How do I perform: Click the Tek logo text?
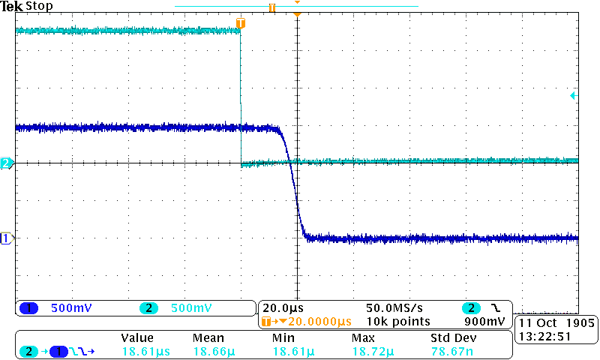tap(11, 7)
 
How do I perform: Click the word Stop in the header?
tap(39, 7)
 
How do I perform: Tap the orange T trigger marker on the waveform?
tap(240, 24)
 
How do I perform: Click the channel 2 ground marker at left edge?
tap(6, 163)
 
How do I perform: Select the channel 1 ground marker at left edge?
tap(6, 238)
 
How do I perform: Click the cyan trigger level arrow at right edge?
tap(574, 95)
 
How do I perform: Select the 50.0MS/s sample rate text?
tap(393, 308)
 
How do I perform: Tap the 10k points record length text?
tap(398, 321)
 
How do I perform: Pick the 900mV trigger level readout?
tap(486, 321)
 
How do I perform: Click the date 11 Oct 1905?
tap(556, 322)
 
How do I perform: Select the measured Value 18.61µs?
tap(142, 351)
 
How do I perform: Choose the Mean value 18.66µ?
tap(211, 351)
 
